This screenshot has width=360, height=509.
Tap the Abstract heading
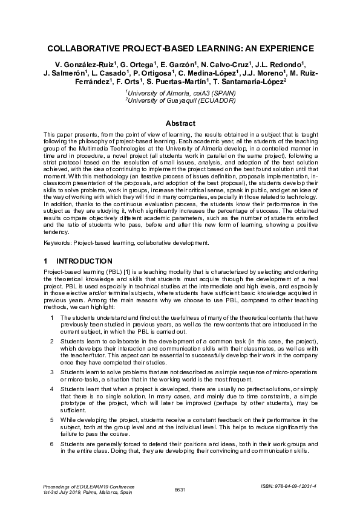(180, 123)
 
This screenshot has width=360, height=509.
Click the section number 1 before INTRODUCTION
(46, 262)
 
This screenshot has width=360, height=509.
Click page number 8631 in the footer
(179, 488)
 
